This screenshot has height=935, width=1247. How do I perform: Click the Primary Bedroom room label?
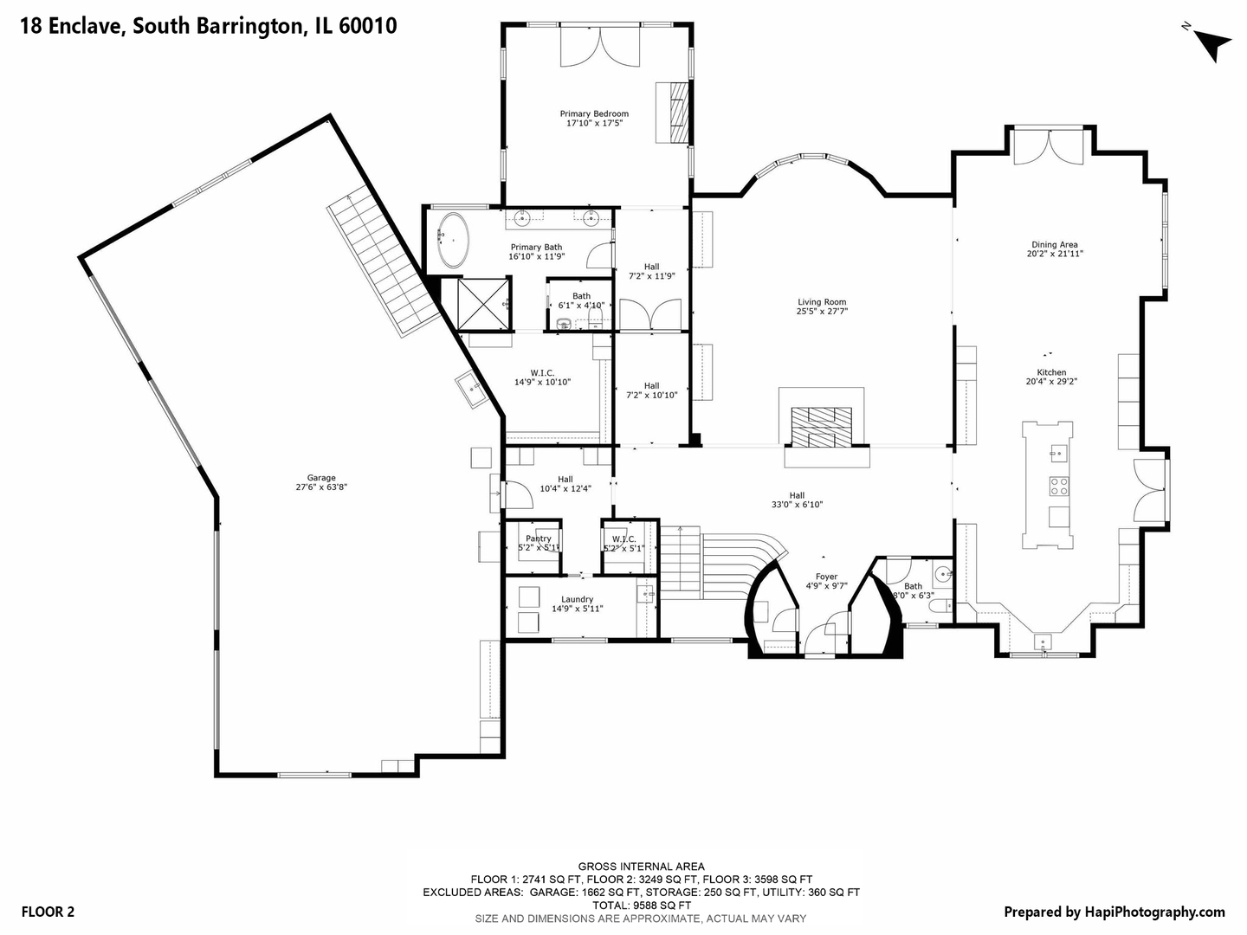pos(594,114)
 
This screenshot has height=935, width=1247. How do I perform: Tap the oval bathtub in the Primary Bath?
pos(453,240)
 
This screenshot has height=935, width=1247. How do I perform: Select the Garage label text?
pos(321,478)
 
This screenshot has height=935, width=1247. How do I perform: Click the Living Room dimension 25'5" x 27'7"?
pos(822,312)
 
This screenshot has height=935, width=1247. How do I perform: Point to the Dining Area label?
pos(1054,245)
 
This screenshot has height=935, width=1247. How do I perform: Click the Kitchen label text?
pos(1051,372)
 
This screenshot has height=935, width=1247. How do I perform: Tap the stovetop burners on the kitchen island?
pos(1058,486)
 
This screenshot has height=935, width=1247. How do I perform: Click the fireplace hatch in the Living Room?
pos(822,426)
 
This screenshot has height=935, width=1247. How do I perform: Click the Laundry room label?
pos(577,599)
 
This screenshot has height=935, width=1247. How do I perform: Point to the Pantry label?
pos(538,538)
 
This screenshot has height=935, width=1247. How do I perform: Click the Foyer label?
pos(826,577)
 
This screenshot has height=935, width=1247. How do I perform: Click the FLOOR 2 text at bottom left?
pos(48,911)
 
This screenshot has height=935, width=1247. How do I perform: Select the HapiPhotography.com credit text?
pos(1114,912)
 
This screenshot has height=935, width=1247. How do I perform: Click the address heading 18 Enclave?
pos(208,26)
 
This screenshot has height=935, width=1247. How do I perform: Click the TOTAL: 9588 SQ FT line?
pos(641,905)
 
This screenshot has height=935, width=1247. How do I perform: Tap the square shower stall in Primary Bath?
pos(483,303)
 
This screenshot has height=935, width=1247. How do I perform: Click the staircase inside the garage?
pos(381,260)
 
